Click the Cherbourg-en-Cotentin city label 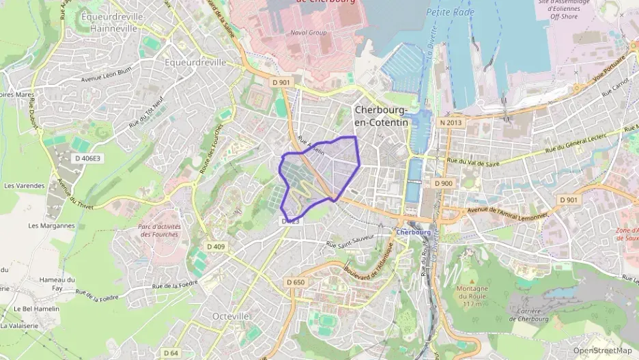[381, 116]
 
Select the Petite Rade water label [450, 12]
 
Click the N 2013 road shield [451, 122]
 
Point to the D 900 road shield [443, 183]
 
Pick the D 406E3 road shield [87, 158]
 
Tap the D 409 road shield [216, 247]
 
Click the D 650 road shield [296, 282]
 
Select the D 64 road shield [171, 352]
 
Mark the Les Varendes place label [24, 185]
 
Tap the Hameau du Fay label [57, 283]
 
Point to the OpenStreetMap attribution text [602, 350]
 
